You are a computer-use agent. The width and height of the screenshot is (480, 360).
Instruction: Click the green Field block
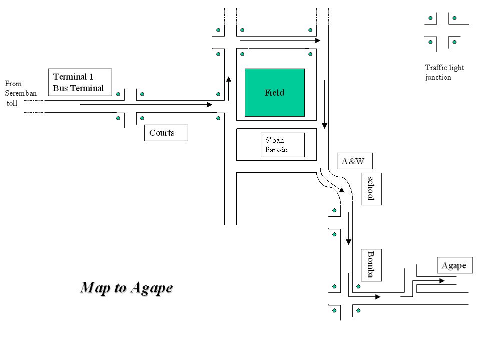click(x=274, y=93)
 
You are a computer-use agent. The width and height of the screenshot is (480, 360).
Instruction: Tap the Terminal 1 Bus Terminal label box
click(x=80, y=82)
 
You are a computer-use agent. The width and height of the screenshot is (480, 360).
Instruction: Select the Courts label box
click(x=166, y=133)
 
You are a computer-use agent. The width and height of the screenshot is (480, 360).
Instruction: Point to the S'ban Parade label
click(x=282, y=145)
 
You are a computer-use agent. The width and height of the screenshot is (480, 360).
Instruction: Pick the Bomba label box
click(x=371, y=264)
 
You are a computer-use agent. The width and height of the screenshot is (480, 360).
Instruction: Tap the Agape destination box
click(x=454, y=265)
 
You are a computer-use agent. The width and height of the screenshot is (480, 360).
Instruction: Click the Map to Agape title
click(x=126, y=287)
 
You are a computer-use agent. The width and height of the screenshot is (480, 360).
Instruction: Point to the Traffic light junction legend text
click(x=444, y=72)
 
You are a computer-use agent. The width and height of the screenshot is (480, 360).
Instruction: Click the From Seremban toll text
click(x=21, y=93)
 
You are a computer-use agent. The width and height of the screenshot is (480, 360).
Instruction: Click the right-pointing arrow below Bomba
click(x=364, y=296)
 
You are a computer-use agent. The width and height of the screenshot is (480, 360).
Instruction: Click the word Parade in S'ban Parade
click(x=276, y=150)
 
